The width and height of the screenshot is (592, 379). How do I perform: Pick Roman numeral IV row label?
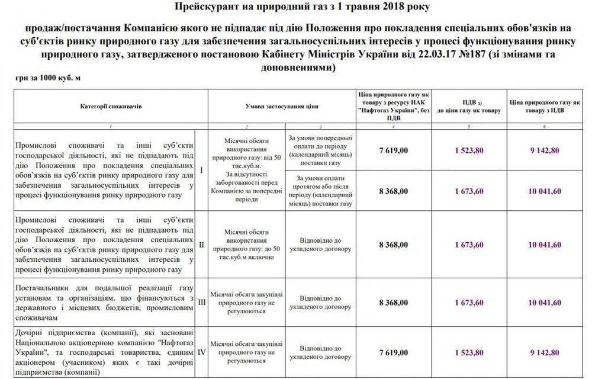[x=202, y=351]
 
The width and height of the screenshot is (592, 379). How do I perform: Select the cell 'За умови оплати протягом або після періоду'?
[x=322, y=190]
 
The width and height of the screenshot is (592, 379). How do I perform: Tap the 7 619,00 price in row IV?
[x=393, y=351]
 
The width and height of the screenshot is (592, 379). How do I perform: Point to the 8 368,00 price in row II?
[x=393, y=244]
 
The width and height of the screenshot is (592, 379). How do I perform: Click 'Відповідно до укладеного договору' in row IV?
[x=322, y=351]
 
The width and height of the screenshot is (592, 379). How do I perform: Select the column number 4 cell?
[x=393, y=127]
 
